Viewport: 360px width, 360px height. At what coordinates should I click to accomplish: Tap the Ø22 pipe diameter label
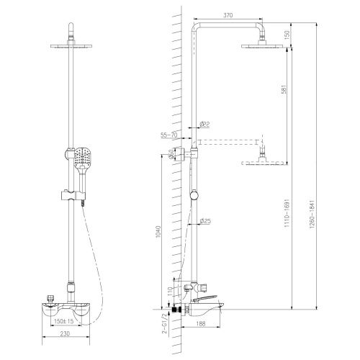coord(204,125)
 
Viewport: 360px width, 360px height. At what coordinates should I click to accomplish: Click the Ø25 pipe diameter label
coord(204,221)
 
